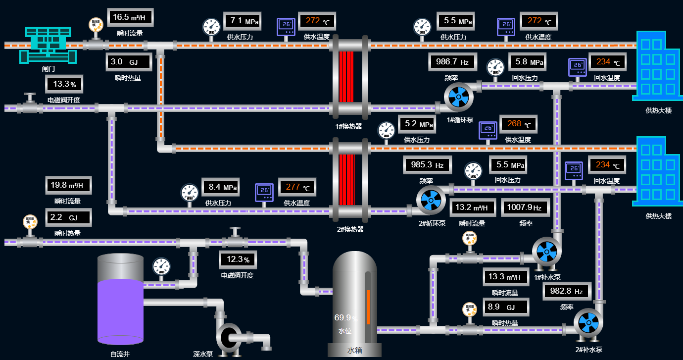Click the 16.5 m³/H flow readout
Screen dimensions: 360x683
coord(130,18)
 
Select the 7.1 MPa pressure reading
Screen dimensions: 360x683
coord(242,21)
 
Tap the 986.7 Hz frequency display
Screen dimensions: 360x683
coord(452,62)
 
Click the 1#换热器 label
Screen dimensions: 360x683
coord(348,126)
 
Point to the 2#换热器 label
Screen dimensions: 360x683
coord(350,229)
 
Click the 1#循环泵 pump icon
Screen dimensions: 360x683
coord(458,97)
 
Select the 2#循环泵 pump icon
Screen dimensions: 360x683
coord(431,200)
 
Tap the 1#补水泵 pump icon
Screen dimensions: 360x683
coord(546,252)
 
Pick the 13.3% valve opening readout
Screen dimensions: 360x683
coord(64,84)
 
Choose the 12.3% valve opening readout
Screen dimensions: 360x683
coord(238,259)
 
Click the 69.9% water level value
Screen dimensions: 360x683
coord(345,318)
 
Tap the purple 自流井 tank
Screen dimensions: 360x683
coord(120,309)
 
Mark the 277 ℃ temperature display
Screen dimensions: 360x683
coord(297,187)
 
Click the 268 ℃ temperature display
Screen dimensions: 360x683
coord(518,124)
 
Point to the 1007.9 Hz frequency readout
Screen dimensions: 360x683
coord(525,207)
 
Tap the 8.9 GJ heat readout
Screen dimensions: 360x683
coord(505,307)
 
